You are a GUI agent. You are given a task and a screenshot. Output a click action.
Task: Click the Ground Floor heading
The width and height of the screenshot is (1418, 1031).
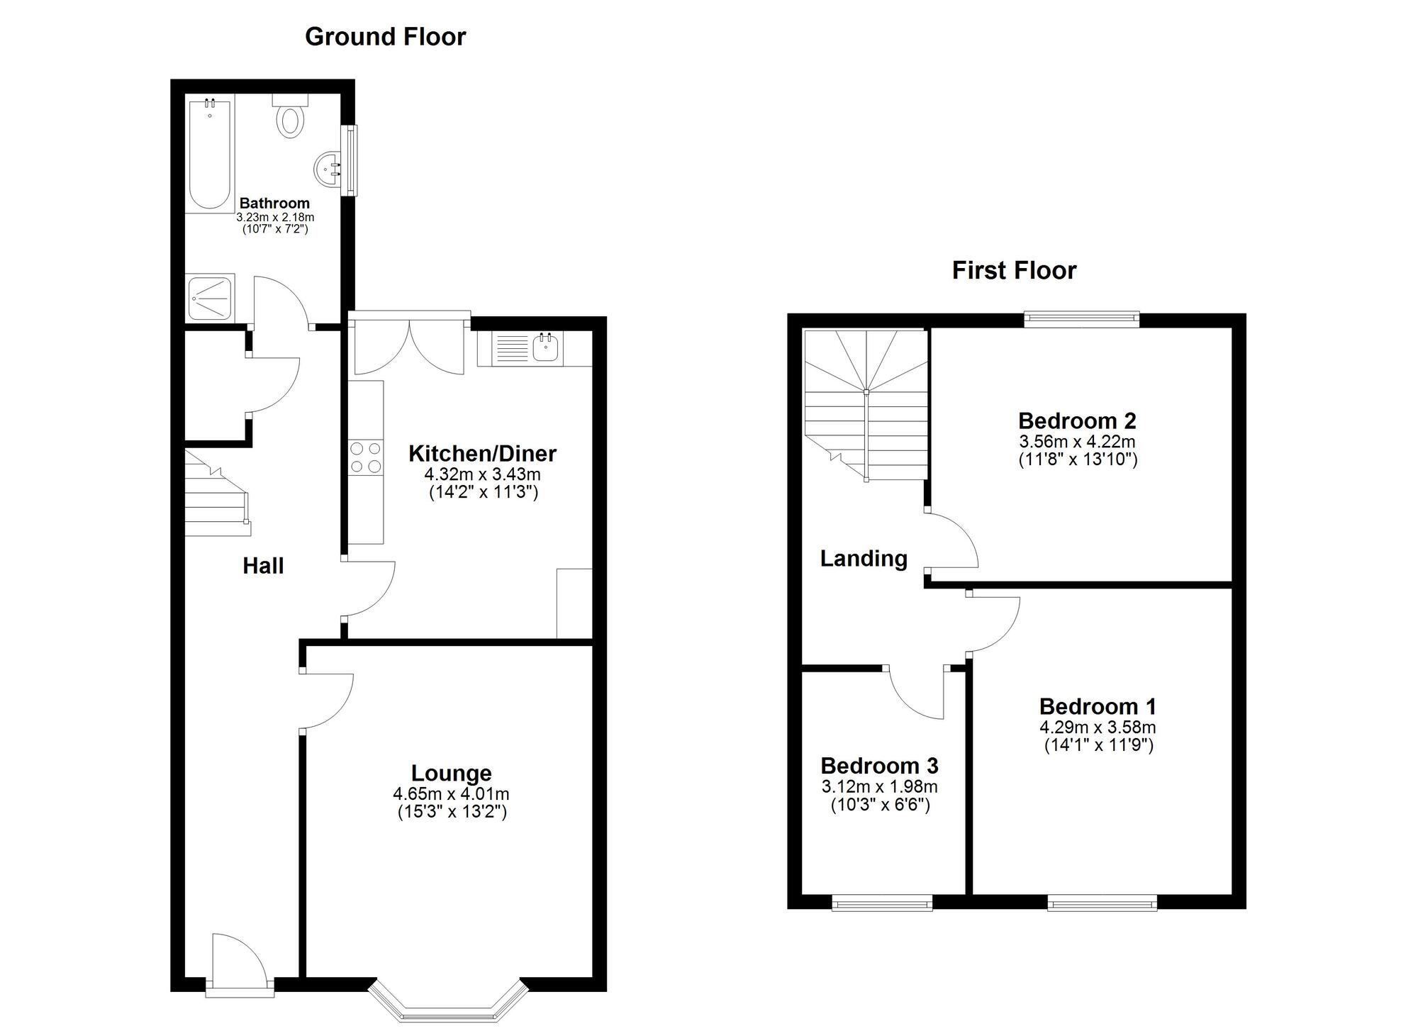[x=385, y=37]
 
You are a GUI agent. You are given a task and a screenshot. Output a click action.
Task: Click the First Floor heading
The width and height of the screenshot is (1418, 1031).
[x=1013, y=270]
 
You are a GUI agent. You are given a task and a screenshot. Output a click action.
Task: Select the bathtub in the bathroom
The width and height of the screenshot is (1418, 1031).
[x=210, y=155]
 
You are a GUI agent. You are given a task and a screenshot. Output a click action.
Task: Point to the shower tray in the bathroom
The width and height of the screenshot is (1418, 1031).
[x=210, y=299]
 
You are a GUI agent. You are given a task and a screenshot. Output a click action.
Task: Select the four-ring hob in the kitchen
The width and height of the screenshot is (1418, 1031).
[x=365, y=457]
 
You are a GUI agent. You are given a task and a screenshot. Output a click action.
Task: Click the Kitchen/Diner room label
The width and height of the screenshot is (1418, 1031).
[x=482, y=453]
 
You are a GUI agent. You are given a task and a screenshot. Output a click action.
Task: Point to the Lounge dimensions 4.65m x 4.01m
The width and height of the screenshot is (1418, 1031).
[x=452, y=794]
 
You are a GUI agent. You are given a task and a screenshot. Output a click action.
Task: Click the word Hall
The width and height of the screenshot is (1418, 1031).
[x=263, y=566]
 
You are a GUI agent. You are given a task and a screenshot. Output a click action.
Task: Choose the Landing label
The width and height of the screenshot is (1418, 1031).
[x=864, y=559]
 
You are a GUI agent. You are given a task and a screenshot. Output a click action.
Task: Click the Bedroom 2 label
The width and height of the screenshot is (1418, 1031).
[x=1076, y=420]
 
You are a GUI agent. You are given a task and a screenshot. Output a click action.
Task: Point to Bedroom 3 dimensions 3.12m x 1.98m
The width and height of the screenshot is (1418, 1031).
[x=879, y=786]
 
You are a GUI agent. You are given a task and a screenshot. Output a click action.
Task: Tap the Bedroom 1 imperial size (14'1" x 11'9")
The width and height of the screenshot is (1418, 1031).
[x=1098, y=745]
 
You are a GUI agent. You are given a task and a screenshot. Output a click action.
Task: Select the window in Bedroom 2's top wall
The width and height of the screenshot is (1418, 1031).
[x=1081, y=319]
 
